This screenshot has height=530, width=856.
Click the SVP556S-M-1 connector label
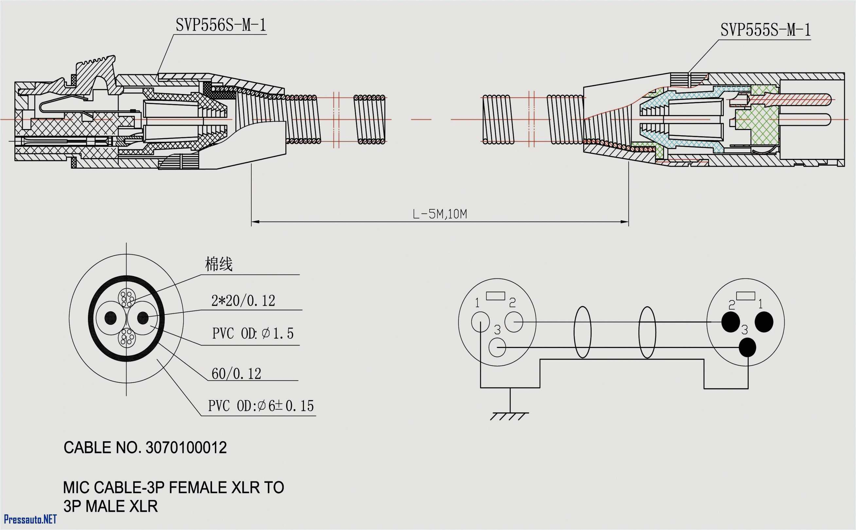pos(221,25)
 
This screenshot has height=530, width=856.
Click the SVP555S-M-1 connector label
pos(765,30)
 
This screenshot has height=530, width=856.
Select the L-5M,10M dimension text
pos(440,214)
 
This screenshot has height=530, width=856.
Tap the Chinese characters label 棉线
pos(219,264)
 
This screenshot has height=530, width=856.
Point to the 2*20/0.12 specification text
pos(243,301)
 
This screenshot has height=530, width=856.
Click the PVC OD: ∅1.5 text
pos(253,333)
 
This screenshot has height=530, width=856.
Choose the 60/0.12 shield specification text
pos(236,374)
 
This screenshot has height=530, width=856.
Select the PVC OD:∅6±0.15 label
pos(261,406)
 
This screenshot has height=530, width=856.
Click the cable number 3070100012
pos(186,448)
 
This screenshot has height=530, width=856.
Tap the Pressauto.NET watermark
pos(30,519)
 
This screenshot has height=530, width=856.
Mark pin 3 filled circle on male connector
pos(747,347)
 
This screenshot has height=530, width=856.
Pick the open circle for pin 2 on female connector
pos(514,322)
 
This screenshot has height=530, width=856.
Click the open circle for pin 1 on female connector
pos(480,322)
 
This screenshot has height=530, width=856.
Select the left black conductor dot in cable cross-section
pos(111,318)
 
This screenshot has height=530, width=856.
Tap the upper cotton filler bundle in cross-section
pos(127,298)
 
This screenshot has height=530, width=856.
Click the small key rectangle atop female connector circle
pos(495,296)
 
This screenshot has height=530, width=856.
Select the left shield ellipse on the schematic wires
pos(582,332)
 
